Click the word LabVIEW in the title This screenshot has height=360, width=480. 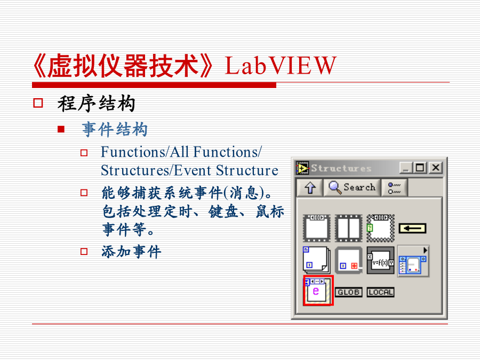[281, 66]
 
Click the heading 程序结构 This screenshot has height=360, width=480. [97, 103]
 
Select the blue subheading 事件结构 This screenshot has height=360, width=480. [115, 129]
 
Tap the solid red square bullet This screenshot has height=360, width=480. [61, 129]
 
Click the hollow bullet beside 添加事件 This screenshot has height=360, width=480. [84, 251]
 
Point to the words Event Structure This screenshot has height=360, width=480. [226, 170]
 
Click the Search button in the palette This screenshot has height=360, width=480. [352, 187]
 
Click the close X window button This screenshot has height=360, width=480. [436, 168]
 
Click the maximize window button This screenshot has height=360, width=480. [420, 168]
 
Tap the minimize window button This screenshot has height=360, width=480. [406, 168]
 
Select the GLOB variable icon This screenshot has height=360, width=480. [348, 292]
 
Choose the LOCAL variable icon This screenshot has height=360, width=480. [380, 292]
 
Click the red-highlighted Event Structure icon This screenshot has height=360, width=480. [318, 291]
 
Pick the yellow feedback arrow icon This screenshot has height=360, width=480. [412, 228]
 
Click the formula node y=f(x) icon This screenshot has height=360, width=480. [380, 260]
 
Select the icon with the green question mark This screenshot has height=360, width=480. [380, 228]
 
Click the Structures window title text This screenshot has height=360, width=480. [341, 168]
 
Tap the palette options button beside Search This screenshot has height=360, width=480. [394, 188]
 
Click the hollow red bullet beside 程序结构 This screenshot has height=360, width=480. [38, 103]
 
